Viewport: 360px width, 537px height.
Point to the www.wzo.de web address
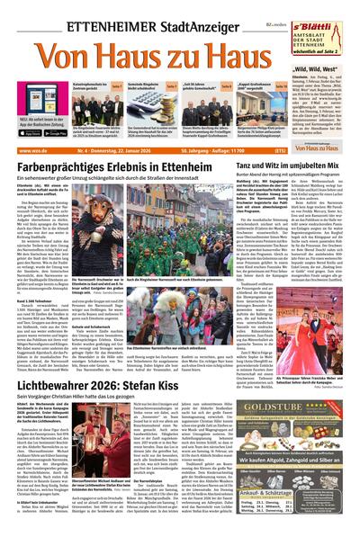click(31, 151)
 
